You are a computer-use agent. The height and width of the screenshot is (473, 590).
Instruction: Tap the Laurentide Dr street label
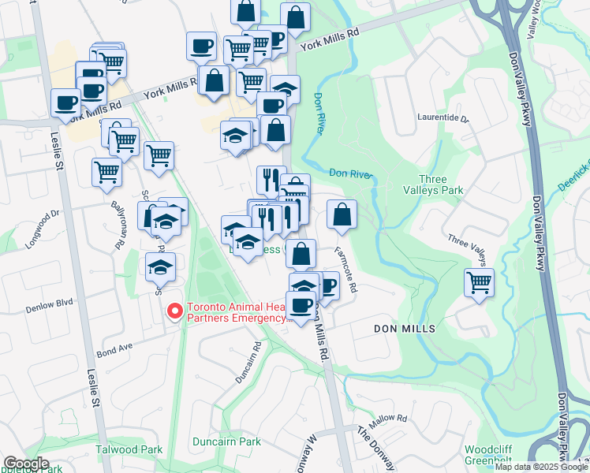[x=442, y=120]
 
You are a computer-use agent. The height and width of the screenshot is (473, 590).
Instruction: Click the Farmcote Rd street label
[x=345, y=270]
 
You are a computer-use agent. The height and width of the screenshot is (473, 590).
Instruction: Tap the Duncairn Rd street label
[x=248, y=363]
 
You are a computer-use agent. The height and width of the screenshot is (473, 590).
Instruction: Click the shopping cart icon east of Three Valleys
[x=479, y=282]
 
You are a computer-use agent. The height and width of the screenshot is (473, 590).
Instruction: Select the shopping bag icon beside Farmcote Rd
[x=342, y=214]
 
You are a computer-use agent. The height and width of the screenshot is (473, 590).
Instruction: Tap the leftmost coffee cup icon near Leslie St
[x=65, y=102]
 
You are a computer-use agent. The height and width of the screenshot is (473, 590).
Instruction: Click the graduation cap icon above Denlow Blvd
[x=160, y=267]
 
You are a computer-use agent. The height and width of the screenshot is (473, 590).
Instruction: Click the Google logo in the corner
[x=26, y=463]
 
